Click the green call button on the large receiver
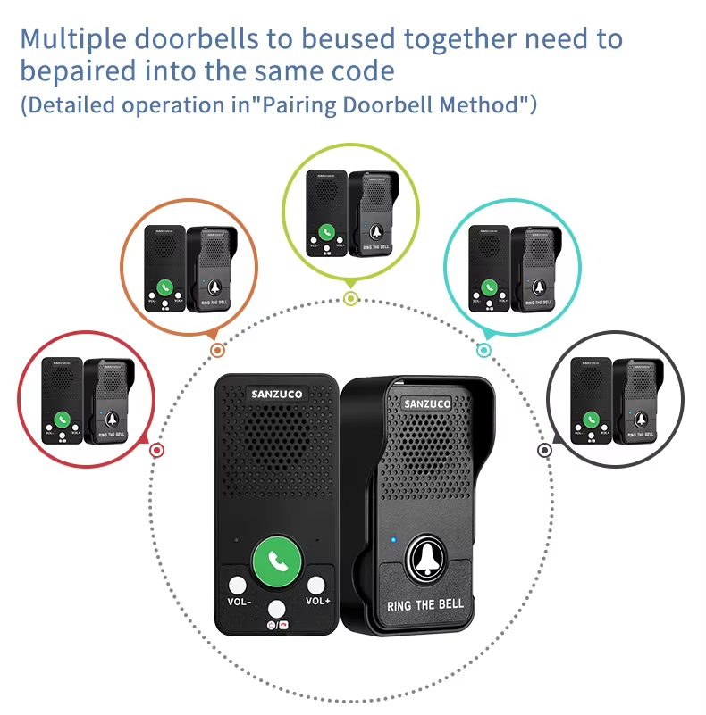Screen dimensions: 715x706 coord(276,561)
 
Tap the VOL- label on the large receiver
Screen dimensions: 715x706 coord(239,601)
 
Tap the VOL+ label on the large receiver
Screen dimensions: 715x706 coord(317,600)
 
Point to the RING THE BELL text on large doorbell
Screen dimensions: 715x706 coord(425,604)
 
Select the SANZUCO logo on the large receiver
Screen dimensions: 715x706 coord(276,394)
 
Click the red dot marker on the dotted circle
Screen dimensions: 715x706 coord(157,451)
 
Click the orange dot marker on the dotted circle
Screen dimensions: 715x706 coord(216,350)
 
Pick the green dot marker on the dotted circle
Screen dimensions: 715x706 coord(351,298)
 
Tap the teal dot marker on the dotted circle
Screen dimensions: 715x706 coord(483,350)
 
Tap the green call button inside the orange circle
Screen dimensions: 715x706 coord(164,288)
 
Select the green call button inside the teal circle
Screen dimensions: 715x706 coord(490,287)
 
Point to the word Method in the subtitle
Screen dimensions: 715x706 coord(481,104)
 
